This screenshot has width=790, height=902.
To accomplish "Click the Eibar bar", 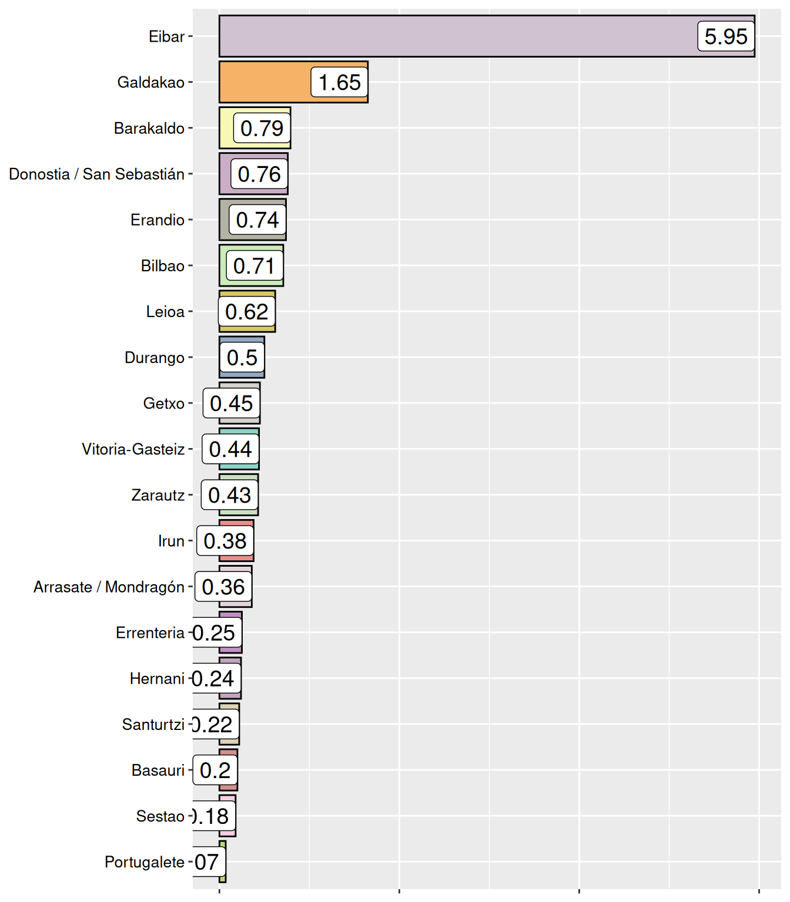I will click(x=458, y=36).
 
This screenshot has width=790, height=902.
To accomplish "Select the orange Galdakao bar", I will click(x=265, y=82).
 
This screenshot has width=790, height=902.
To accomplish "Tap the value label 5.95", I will click(x=726, y=36).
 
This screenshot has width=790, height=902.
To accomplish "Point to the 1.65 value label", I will click(x=339, y=82).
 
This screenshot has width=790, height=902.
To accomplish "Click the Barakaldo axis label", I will click(x=149, y=128).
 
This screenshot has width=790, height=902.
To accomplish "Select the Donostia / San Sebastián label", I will click(x=97, y=174).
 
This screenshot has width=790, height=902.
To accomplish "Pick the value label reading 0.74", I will click(x=257, y=220).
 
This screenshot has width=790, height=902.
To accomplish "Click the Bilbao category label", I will click(x=163, y=266).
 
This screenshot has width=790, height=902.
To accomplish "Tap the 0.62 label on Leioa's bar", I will click(x=246, y=312).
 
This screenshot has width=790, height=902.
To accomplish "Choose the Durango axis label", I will click(x=155, y=358).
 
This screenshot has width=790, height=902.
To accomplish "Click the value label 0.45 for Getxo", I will click(x=231, y=403).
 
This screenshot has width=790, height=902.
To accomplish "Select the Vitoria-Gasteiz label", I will click(x=133, y=449).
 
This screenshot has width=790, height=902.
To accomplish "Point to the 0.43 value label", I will click(x=229, y=495).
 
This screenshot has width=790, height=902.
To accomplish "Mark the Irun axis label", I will click(x=171, y=541).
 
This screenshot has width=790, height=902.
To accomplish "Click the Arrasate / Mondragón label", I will click(x=109, y=587).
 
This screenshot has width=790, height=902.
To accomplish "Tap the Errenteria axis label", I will click(x=150, y=632).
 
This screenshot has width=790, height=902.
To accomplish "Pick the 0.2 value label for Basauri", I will click(x=215, y=770).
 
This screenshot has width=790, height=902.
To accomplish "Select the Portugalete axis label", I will click(x=145, y=861).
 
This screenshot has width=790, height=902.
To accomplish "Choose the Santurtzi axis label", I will click(x=153, y=724).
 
